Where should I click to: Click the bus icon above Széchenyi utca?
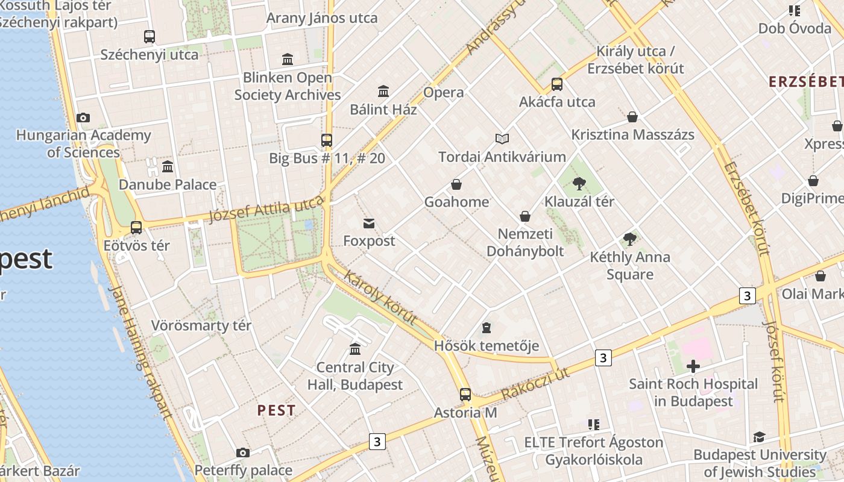150,36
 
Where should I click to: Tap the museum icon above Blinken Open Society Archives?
288,59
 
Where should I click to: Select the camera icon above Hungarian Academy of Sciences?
83,117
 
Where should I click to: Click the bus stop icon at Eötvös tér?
136,227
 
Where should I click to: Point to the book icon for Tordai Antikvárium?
502,139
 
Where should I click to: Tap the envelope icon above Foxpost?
369,224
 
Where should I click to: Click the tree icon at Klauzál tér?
579,183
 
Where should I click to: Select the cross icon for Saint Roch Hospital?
693,366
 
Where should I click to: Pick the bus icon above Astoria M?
465,395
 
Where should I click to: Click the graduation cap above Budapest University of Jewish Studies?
759,437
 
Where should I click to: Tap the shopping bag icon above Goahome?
456,184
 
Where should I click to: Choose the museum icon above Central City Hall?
355,349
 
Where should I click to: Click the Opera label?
444,92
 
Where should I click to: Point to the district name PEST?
277,410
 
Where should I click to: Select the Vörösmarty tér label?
201,326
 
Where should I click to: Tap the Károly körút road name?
380,297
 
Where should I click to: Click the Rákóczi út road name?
535,384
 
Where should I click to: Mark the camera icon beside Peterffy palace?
243,452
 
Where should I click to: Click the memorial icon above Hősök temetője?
487,328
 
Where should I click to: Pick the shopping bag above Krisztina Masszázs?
632,116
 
